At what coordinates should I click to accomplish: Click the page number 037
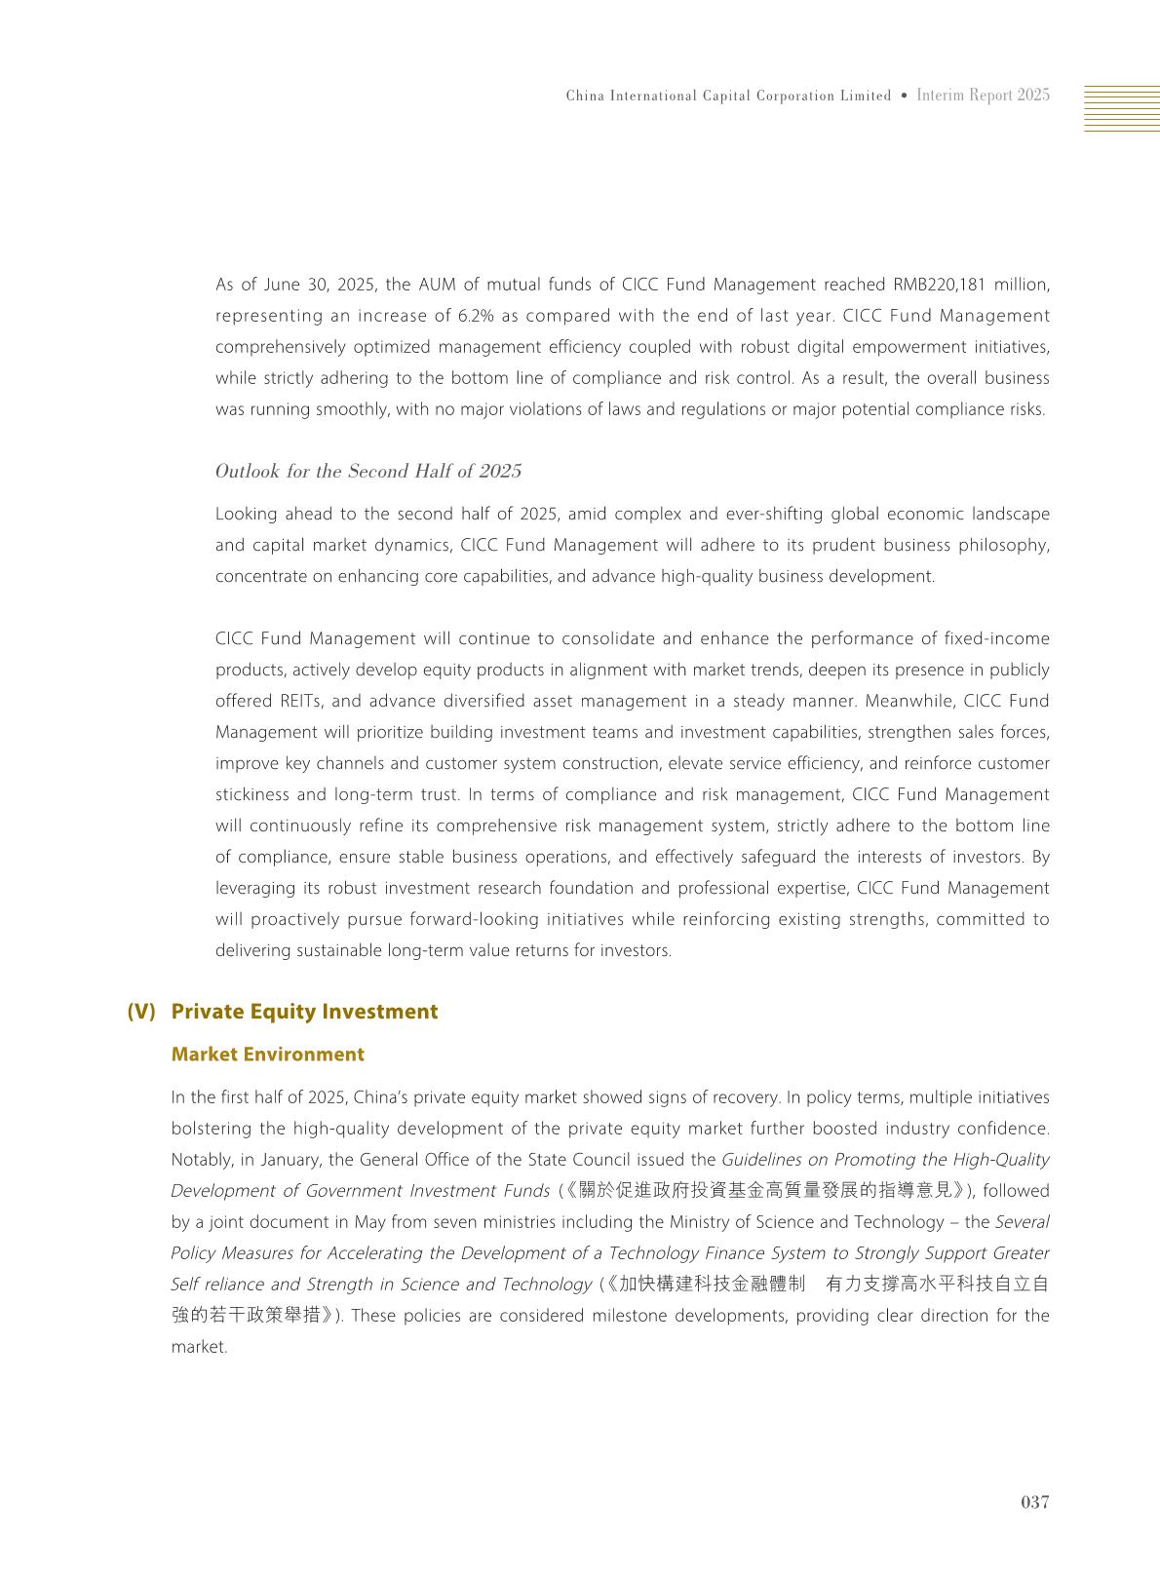click(1034, 1502)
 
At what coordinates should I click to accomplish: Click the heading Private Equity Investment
click(304, 1012)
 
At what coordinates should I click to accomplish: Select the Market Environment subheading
click(267, 1055)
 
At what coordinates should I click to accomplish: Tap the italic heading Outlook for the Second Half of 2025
click(368, 472)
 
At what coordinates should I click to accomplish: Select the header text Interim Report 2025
click(983, 96)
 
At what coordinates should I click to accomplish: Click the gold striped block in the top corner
click(1121, 108)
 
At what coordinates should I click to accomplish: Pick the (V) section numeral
click(141, 1012)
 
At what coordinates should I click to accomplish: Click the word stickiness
click(251, 794)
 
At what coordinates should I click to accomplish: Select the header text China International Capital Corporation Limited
click(728, 96)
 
